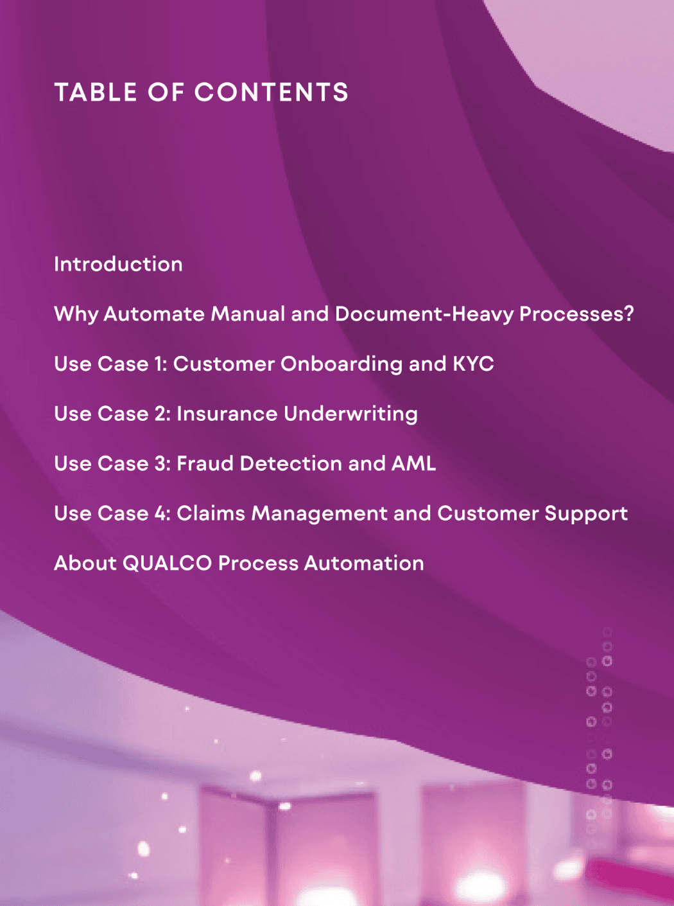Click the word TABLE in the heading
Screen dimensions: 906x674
click(96, 93)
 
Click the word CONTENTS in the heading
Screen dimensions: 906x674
click(272, 93)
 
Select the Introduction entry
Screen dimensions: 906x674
click(118, 264)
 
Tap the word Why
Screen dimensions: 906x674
click(76, 314)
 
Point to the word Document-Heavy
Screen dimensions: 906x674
click(424, 314)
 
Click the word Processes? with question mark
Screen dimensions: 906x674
click(576, 314)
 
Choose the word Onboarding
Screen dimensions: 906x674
click(341, 364)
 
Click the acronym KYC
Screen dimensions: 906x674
click(473, 364)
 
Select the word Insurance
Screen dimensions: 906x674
click(227, 414)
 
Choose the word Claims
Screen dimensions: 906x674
click(211, 514)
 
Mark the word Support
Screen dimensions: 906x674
click(586, 514)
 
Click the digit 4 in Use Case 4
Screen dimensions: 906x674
click(161, 514)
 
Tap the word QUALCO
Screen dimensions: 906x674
click(167, 564)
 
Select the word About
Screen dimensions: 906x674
click(85, 564)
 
